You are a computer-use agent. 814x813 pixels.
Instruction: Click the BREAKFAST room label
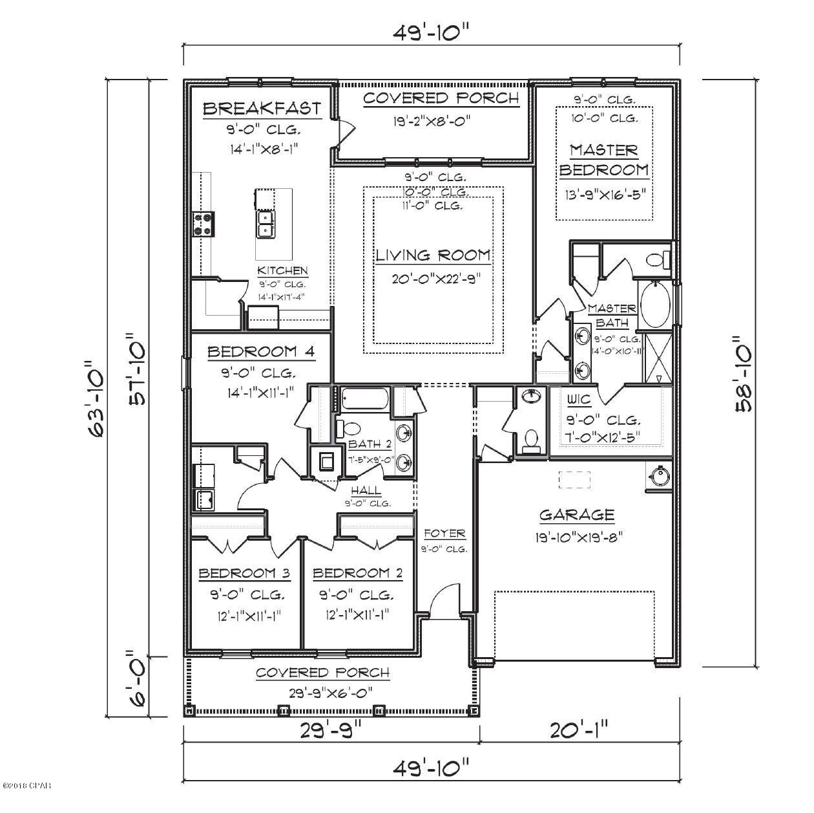pos(262,108)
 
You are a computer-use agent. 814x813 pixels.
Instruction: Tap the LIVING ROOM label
pos(433,255)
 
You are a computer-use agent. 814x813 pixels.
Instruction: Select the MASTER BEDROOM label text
pos(603,160)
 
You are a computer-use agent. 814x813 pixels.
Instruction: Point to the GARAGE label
pos(576,515)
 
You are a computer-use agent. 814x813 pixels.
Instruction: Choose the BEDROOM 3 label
pos(244,573)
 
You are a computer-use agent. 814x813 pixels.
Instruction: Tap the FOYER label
pos(444,534)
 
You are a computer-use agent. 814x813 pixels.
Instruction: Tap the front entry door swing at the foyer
pos(444,601)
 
